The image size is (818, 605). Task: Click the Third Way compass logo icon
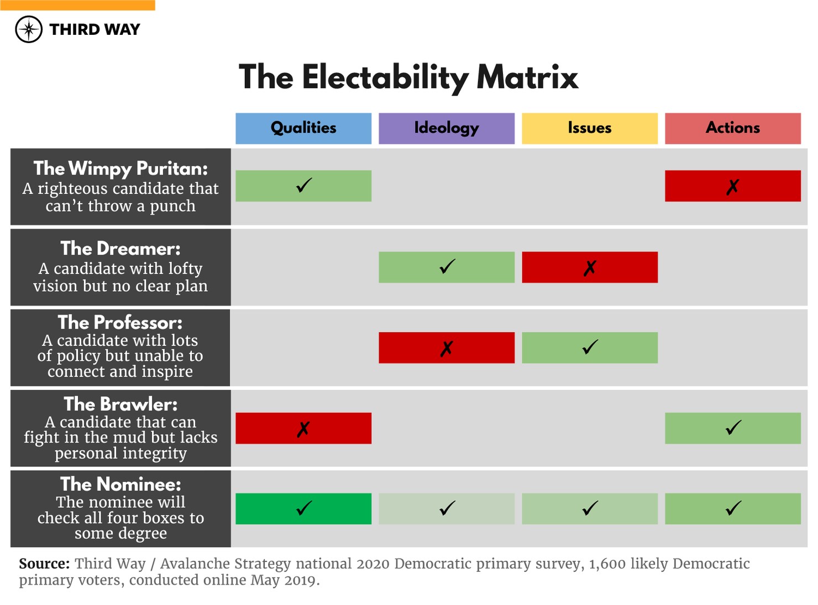[29, 29]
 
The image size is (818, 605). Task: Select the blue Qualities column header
[303, 128]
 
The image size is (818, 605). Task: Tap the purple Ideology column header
[446, 128]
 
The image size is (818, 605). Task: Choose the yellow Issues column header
[589, 128]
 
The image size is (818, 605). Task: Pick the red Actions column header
[732, 128]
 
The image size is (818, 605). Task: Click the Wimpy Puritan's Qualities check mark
[303, 186]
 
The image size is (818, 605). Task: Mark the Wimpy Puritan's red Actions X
[732, 187]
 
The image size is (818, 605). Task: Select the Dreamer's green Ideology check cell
[446, 267]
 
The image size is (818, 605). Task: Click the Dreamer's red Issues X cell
[589, 267]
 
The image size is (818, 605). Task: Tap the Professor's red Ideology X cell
[446, 348]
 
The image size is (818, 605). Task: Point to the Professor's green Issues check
[589, 348]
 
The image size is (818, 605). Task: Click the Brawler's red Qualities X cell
[303, 428]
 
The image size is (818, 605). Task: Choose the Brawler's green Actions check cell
[732, 428]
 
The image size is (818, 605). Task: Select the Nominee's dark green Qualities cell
[303, 508]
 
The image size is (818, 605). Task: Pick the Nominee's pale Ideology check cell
[446, 508]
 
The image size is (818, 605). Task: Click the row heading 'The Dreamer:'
[120, 249]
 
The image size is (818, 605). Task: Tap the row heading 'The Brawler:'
[120, 404]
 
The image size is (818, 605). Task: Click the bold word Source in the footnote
[44, 564]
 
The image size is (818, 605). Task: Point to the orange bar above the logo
[77, 5]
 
